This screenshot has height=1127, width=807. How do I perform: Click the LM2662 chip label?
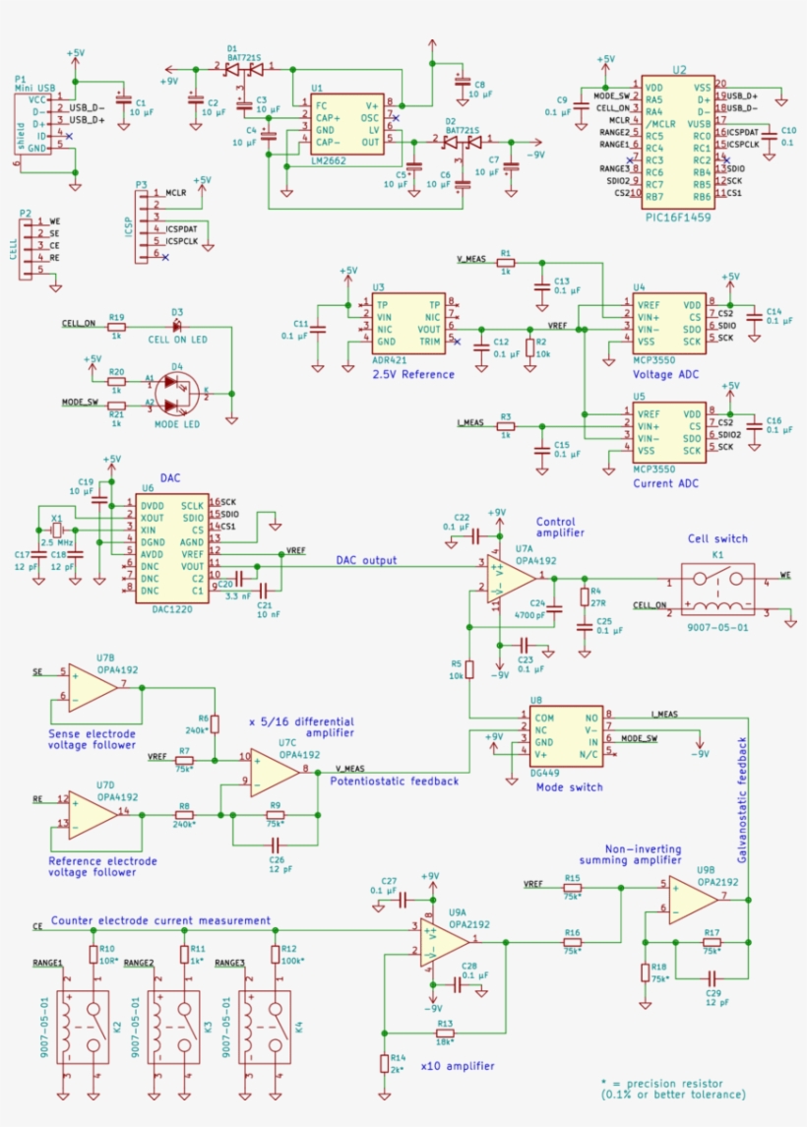click(x=328, y=159)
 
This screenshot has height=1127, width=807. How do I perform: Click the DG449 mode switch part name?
click(x=544, y=774)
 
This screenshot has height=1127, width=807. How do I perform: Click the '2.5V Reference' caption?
click(x=412, y=374)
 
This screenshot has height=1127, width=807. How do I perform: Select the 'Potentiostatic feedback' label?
click(x=395, y=781)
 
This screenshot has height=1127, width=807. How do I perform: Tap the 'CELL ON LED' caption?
click(x=177, y=340)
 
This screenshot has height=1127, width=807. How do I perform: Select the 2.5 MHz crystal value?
click(x=57, y=542)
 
